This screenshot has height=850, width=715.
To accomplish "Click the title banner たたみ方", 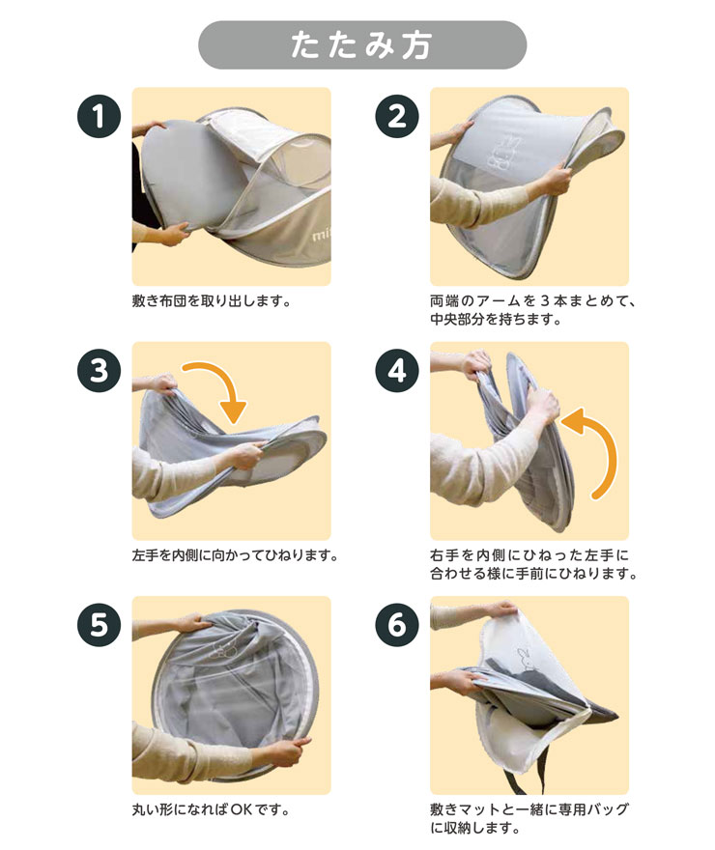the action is pyautogui.click(x=362, y=45).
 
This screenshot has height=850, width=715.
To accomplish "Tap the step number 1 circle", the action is pyautogui.click(x=99, y=116).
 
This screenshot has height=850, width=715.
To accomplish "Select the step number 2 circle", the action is pyautogui.click(x=397, y=116).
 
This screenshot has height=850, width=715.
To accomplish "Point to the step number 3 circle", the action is pyautogui.click(x=99, y=371).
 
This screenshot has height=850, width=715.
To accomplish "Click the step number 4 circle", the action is pyautogui.click(x=397, y=371).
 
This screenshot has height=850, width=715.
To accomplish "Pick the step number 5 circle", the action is pyautogui.click(x=99, y=625).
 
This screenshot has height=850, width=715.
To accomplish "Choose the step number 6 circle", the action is pyautogui.click(x=397, y=625).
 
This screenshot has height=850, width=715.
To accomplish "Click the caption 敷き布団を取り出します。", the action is pyautogui.click(x=212, y=300).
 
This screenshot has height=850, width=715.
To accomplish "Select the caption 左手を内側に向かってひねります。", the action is pyautogui.click(x=235, y=555).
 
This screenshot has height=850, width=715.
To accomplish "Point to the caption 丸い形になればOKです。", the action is pyautogui.click(x=211, y=809).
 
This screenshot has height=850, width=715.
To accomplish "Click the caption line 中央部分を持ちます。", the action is pyautogui.click(x=496, y=319).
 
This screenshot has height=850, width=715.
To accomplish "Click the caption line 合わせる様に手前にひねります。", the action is pyautogui.click(x=533, y=574).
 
